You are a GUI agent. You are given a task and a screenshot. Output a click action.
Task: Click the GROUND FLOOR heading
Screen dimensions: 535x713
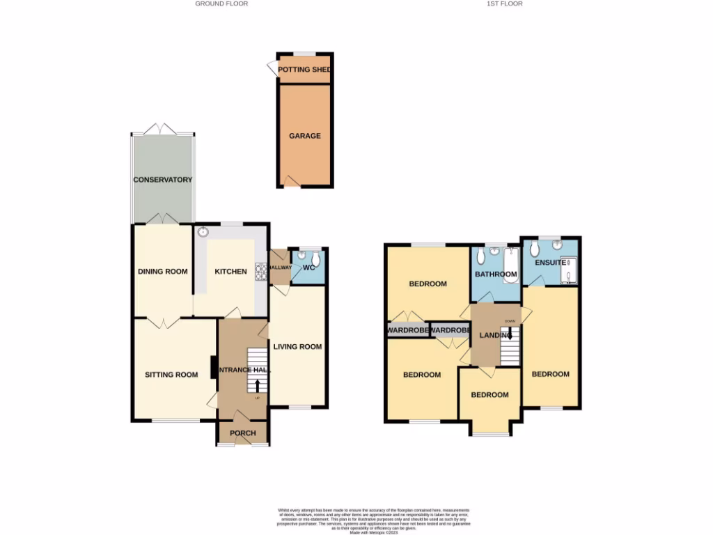coord(221,3)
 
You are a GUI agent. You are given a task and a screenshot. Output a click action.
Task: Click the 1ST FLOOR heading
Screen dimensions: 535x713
coord(505,3)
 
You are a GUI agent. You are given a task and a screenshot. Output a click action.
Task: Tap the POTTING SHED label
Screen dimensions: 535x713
coord(304,70)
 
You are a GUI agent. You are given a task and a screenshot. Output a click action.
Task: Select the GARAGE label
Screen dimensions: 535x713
coord(305,136)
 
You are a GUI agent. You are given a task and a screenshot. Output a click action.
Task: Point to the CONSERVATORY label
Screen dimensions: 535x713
coord(163,180)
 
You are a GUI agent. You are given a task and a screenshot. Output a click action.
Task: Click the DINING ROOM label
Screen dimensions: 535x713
coord(162,272)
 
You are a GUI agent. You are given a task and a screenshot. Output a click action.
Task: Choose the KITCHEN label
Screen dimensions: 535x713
coord(230,272)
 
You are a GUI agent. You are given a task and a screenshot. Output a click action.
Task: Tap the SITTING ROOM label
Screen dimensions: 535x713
coord(171,375)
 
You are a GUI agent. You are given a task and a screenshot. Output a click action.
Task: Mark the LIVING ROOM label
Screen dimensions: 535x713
coord(297,347)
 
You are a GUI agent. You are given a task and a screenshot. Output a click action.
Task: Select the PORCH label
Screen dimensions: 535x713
coord(242,433)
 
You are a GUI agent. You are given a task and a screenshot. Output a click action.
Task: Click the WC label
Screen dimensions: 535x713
coord(309,268)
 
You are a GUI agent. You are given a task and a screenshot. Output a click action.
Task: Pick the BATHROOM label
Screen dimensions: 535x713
coord(496,274)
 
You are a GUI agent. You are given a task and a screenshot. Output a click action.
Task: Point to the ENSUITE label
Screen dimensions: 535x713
coord(550,263)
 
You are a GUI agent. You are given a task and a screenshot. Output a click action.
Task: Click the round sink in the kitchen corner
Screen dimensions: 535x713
coord(203,233)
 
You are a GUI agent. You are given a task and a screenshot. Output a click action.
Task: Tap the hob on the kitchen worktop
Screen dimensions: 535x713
coord(263,271)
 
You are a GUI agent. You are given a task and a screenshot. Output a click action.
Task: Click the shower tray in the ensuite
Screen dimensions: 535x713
coord(571,271)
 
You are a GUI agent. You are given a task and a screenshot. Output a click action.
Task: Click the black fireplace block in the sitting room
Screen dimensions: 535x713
coord(214,367)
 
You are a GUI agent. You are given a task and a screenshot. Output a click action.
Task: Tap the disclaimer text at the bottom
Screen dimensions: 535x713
coord(356,519)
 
